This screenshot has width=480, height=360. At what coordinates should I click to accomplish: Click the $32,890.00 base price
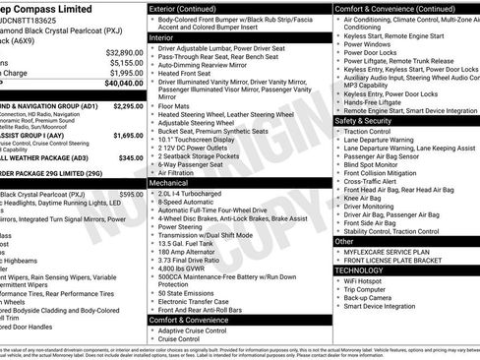pyautogui.click(x=125, y=51)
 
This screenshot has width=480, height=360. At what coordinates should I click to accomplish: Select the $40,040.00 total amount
pyautogui.click(x=125, y=85)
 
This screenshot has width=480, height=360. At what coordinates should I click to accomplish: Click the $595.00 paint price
pyautogui.click(x=131, y=195)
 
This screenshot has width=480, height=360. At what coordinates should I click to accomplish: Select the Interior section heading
pyautogui.click(x=161, y=37)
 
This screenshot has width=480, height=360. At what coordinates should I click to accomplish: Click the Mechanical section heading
pyautogui.click(x=169, y=183)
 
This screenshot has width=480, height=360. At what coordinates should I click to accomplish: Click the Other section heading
pyautogui.click(x=344, y=241)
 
